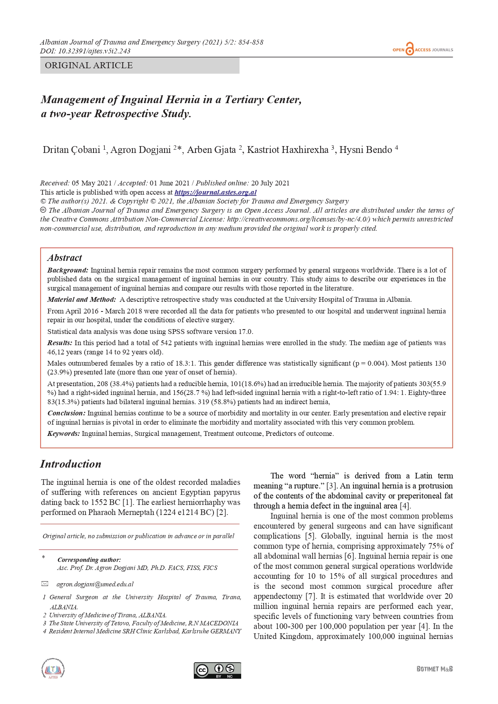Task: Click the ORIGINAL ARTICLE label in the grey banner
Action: coord(89,65)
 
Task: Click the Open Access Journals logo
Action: coord(423,49)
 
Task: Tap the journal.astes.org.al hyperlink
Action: coord(215,192)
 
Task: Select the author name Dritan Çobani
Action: coord(71,150)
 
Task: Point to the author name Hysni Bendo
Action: coord(366,150)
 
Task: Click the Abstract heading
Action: coord(65,258)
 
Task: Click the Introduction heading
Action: coord(71,464)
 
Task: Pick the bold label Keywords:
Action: coord(63,433)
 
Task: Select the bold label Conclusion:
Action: coord(66,413)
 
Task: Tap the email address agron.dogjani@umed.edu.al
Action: coord(95,584)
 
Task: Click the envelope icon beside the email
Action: coord(45,584)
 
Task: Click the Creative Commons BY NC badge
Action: coord(217,670)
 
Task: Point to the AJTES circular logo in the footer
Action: coord(53,669)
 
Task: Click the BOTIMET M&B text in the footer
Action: coord(435,669)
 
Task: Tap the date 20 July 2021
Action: coord(270,183)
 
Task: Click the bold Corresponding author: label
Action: coord(89,560)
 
